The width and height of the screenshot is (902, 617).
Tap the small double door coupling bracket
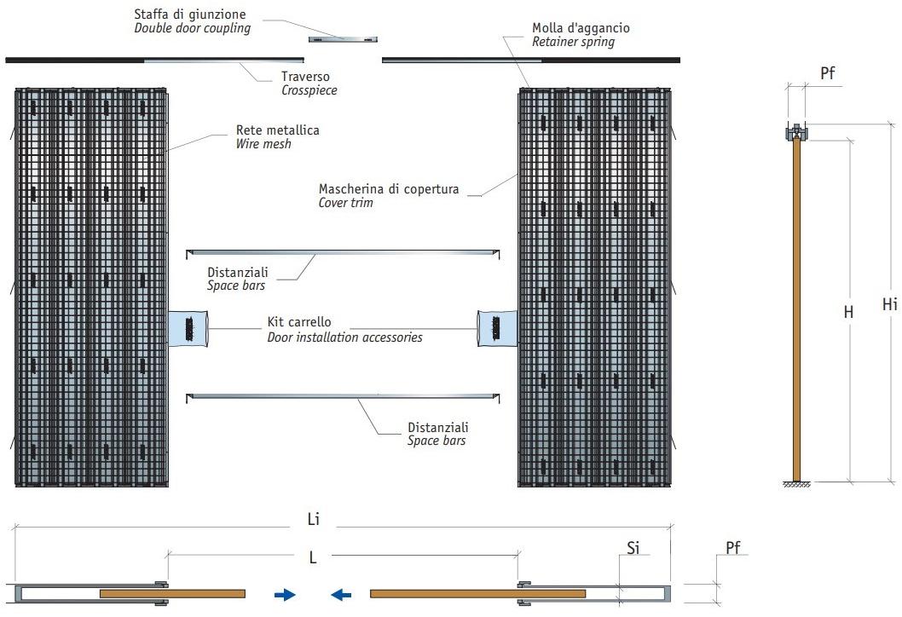(x=342, y=39)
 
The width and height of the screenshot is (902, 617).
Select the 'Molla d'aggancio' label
(x=581, y=28)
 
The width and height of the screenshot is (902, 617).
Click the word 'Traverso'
(x=304, y=77)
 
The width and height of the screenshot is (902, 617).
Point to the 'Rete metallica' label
(x=277, y=130)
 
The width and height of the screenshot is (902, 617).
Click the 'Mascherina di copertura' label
(x=389, y=188)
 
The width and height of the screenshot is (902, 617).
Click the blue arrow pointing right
(x=285, y=595)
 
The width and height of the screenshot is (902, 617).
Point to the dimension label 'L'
(x=313, y=557)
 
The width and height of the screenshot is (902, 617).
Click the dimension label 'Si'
(x=633, y=549)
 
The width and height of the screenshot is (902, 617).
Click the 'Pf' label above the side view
(x=827, y=73)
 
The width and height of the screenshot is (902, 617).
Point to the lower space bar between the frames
(x=343, y=396)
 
